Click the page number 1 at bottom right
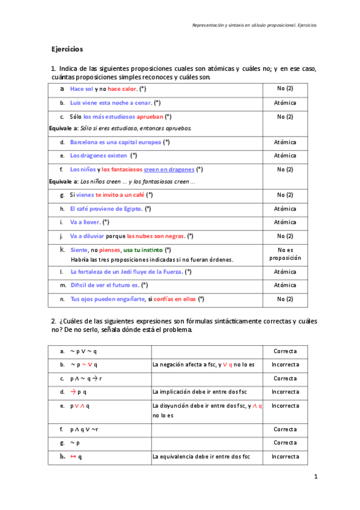coord(314,476)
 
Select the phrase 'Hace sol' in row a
coord(82,89)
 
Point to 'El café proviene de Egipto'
coord(106,209)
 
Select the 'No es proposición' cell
coord(285,253)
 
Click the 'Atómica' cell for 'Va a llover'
coord(285,222)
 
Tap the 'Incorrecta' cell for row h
coord(285,456)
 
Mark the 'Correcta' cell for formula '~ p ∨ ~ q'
coord(285,351)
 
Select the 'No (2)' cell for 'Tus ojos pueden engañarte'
coord(285,299)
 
